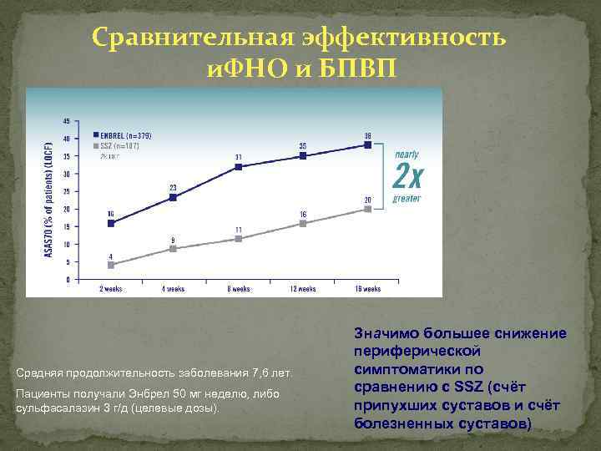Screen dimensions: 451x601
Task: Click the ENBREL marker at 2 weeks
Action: tap(111, 223)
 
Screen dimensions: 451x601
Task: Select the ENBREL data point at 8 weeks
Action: tap(239, 167)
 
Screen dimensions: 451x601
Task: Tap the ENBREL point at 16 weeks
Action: tap(367, 144)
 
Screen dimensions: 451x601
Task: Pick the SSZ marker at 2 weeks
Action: tap(111, 265)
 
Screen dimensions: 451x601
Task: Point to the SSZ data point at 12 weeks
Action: tap(303, 223)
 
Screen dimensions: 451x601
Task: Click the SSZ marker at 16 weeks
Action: tap(367, 209)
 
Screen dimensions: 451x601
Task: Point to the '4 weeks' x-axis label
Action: tap(174, 289)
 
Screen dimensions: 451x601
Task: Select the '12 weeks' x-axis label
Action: tap(303, 289)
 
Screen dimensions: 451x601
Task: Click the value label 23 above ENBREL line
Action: tap(174, 187)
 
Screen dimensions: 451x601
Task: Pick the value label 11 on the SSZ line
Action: tap(238, 229)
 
